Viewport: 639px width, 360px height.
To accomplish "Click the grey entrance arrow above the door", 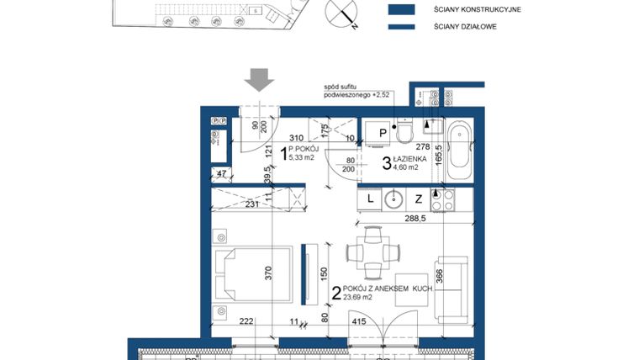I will [x=259, y=79].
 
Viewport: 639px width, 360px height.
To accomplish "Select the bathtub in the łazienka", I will [x=459, y=152].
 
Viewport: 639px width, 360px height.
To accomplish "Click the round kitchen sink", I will [x=393, y=199].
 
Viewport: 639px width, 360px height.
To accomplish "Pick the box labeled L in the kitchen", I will [x=368, y=199].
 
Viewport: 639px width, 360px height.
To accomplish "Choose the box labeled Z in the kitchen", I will [x=418, y=199].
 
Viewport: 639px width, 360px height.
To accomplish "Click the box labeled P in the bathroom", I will [x=382, y=133].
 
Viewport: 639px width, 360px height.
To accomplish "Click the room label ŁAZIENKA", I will [x=417, y=159].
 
